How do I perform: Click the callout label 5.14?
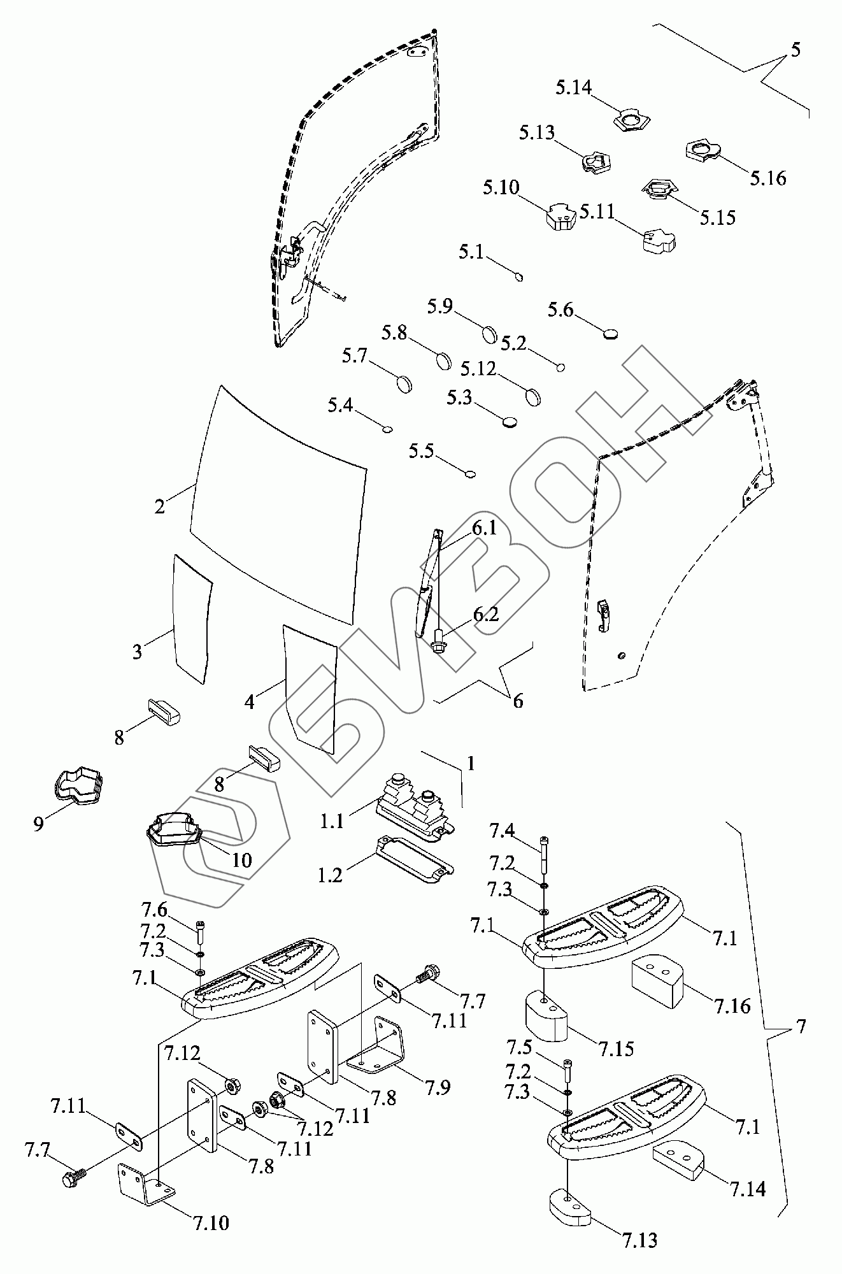(x=573, y=88)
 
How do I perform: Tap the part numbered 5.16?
(x=702, y=152)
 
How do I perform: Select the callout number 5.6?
(x=560, y=311)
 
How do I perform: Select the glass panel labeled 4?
(x=310, y=688)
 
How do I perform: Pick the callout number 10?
(x=242, y=860)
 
